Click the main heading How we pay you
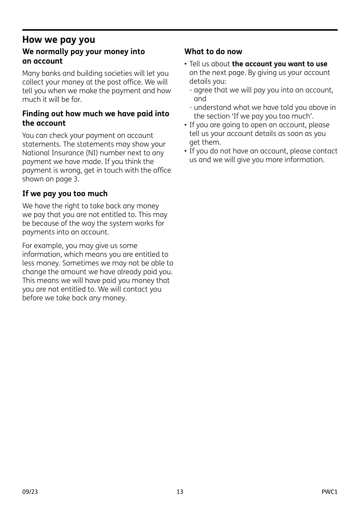59,40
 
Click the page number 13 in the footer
180,492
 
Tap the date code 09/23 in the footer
30,492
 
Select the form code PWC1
329,492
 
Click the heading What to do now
213,52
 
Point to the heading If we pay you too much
65,194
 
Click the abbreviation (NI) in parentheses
112,153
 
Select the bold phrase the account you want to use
279,64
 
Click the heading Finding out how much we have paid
95,114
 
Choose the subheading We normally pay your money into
83,52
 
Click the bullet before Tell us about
186,64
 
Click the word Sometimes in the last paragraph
79,263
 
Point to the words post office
123,82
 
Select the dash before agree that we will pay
191,90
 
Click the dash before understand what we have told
191,108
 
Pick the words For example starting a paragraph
38,246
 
